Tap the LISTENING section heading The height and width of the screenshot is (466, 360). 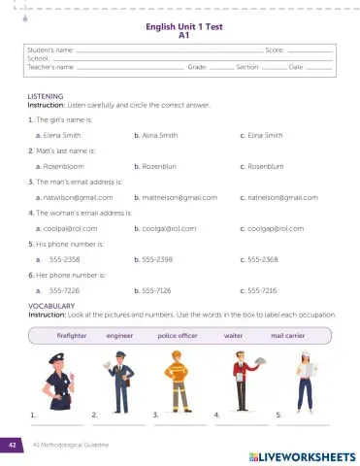pos(47,97)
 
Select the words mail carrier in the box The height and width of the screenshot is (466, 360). pos(290,334)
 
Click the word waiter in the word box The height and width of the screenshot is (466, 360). pos(233,334)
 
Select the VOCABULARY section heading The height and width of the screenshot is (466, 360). pos(50,305)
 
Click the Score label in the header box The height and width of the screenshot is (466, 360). pos(274,47)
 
